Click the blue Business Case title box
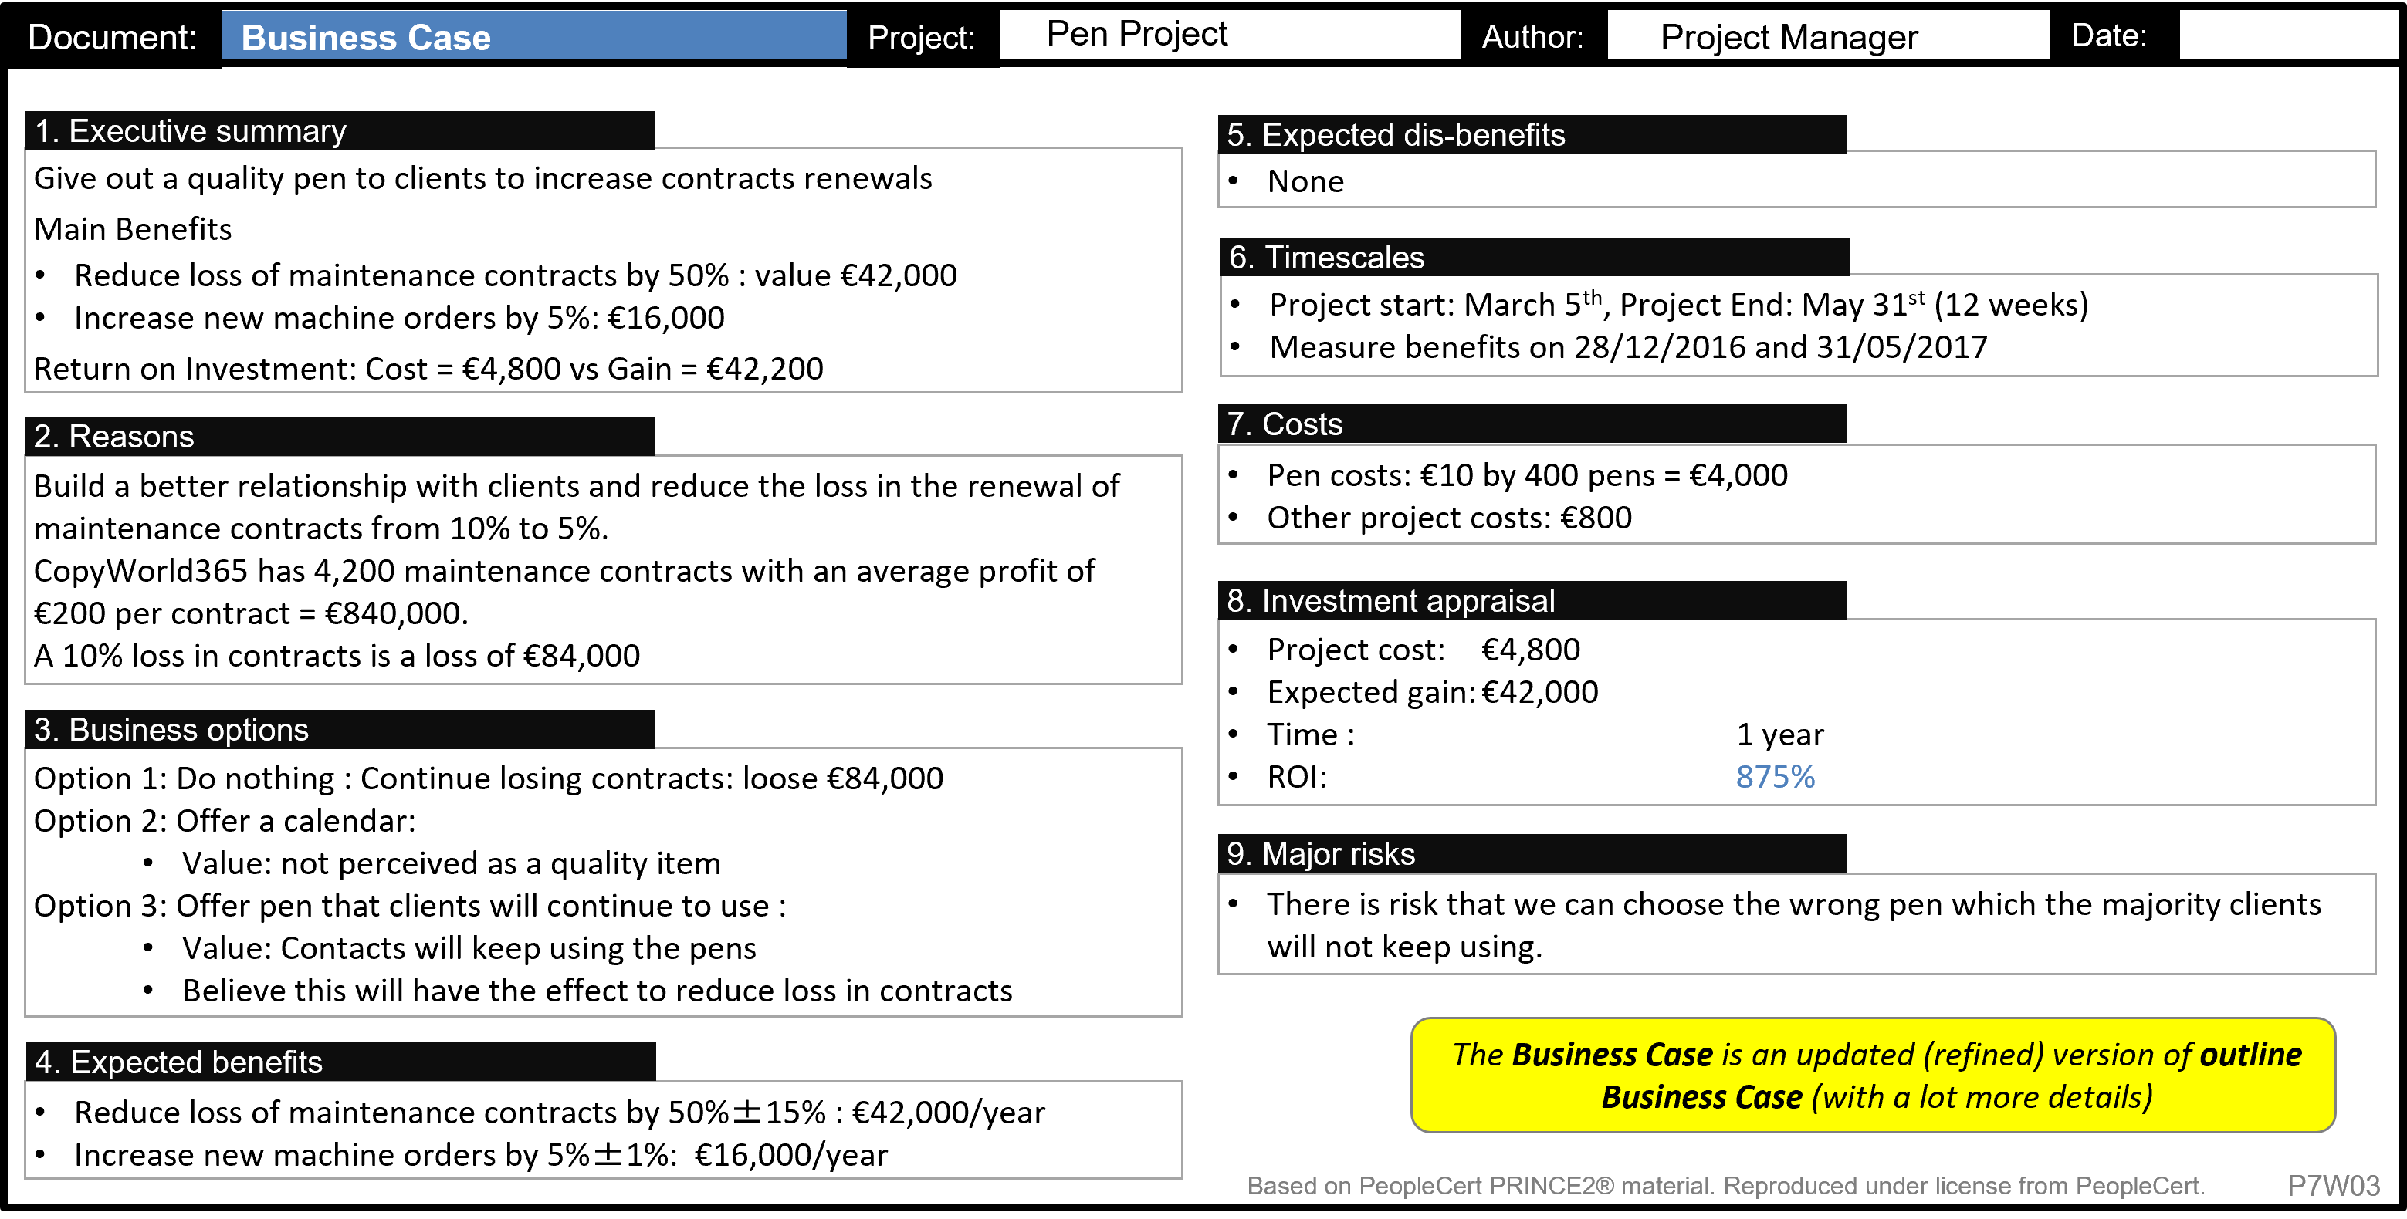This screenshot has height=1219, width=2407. tap(533, 36)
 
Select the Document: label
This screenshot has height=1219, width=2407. tap(112, 37)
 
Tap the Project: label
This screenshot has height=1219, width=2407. tap(920, 37)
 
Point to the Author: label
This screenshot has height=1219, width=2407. tap(1532, 36)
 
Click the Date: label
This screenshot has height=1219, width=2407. tap(2108, 35)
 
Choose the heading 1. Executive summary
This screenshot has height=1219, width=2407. tap(191, 131)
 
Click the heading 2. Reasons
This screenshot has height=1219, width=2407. tap(114, 436)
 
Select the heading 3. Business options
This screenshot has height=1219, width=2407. tap(171, 730)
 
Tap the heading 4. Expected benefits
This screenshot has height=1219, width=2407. tap(178, 1062)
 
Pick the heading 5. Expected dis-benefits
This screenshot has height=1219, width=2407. tap(1395, 134)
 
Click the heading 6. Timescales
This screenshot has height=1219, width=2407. tap(1326, 257)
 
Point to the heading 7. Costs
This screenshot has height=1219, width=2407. tap(1284, 424)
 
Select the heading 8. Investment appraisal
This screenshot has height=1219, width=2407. tap(1390, 600)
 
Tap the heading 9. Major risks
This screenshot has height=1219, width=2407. tap(1320, 854)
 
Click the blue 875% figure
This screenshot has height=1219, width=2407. tap(1775, 776)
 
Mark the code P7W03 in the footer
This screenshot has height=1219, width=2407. tap(2332, 1185)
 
